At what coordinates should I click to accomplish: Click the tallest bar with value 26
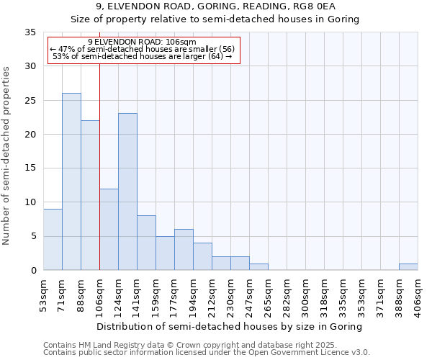click(71, 181)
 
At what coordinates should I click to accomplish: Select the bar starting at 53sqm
click(53, 239)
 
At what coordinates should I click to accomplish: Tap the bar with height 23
click(127, 192)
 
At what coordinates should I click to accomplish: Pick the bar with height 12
click(109, 229)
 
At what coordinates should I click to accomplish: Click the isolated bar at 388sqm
click(408, 266)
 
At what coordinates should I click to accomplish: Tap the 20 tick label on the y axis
click(30, 135)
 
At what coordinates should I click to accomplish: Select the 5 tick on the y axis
click(33, 236)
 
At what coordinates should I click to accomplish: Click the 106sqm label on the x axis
click(100, 294)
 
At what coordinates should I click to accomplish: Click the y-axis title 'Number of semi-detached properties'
click(7, 156)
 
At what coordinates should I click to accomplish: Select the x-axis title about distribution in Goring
click(229, 326)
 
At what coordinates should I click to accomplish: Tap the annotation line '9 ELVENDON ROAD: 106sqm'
click(142, 42)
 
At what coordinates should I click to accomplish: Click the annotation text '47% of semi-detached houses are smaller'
click(142, 49)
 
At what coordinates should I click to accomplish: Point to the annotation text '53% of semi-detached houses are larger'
click(142, 56)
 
